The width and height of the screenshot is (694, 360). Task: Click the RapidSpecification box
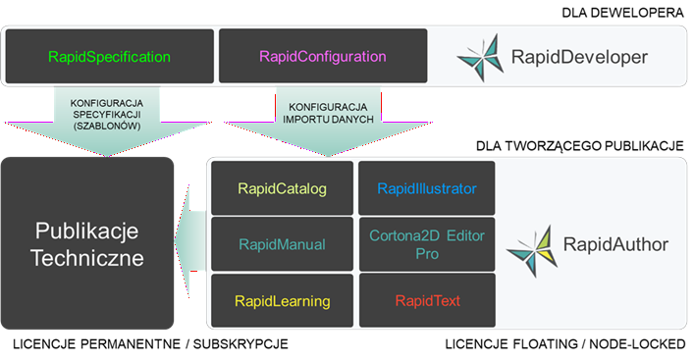pos(109,57)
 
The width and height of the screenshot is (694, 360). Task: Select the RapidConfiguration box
pos(323,57)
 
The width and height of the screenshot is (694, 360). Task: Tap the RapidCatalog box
pos(282,187)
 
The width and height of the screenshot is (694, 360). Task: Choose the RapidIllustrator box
pos(427,187)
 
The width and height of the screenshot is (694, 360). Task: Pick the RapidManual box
pos(282,244)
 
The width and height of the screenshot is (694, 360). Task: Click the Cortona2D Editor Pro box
pos(427,244)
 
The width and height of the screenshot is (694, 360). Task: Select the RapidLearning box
pos(282,300)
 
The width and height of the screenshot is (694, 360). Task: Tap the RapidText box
pos(427,300)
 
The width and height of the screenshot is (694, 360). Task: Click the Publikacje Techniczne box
pos(88,244)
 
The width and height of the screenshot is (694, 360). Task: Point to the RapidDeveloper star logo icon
pos(481,57)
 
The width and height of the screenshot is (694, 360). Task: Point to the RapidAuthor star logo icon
pos(531,245)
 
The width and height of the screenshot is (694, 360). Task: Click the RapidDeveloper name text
pos(579,58)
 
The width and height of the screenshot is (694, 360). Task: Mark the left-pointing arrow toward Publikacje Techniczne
pos(191,244)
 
